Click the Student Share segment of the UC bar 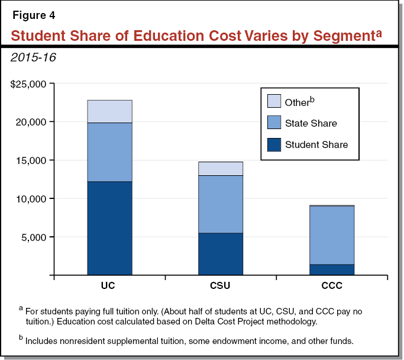(x=109, y=228)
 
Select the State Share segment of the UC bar (x=109, y=152)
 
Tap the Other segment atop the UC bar (x=109, y=111)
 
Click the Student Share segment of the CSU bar (x=220, y=253)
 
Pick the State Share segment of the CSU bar (x=220, y=204)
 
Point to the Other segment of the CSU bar (x=220, y=169)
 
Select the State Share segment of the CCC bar (x=331, y=235)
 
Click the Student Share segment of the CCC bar (x=331, y=269)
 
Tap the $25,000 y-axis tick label (x=28, y=83)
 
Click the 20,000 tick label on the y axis (x=31, y=122)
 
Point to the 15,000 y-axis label (x=31, y=160)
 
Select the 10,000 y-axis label (x=31, y=199)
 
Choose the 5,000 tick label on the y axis (x=34, y=237)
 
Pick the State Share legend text (x=311, y=123)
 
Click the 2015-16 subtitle (x=33, y=58)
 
